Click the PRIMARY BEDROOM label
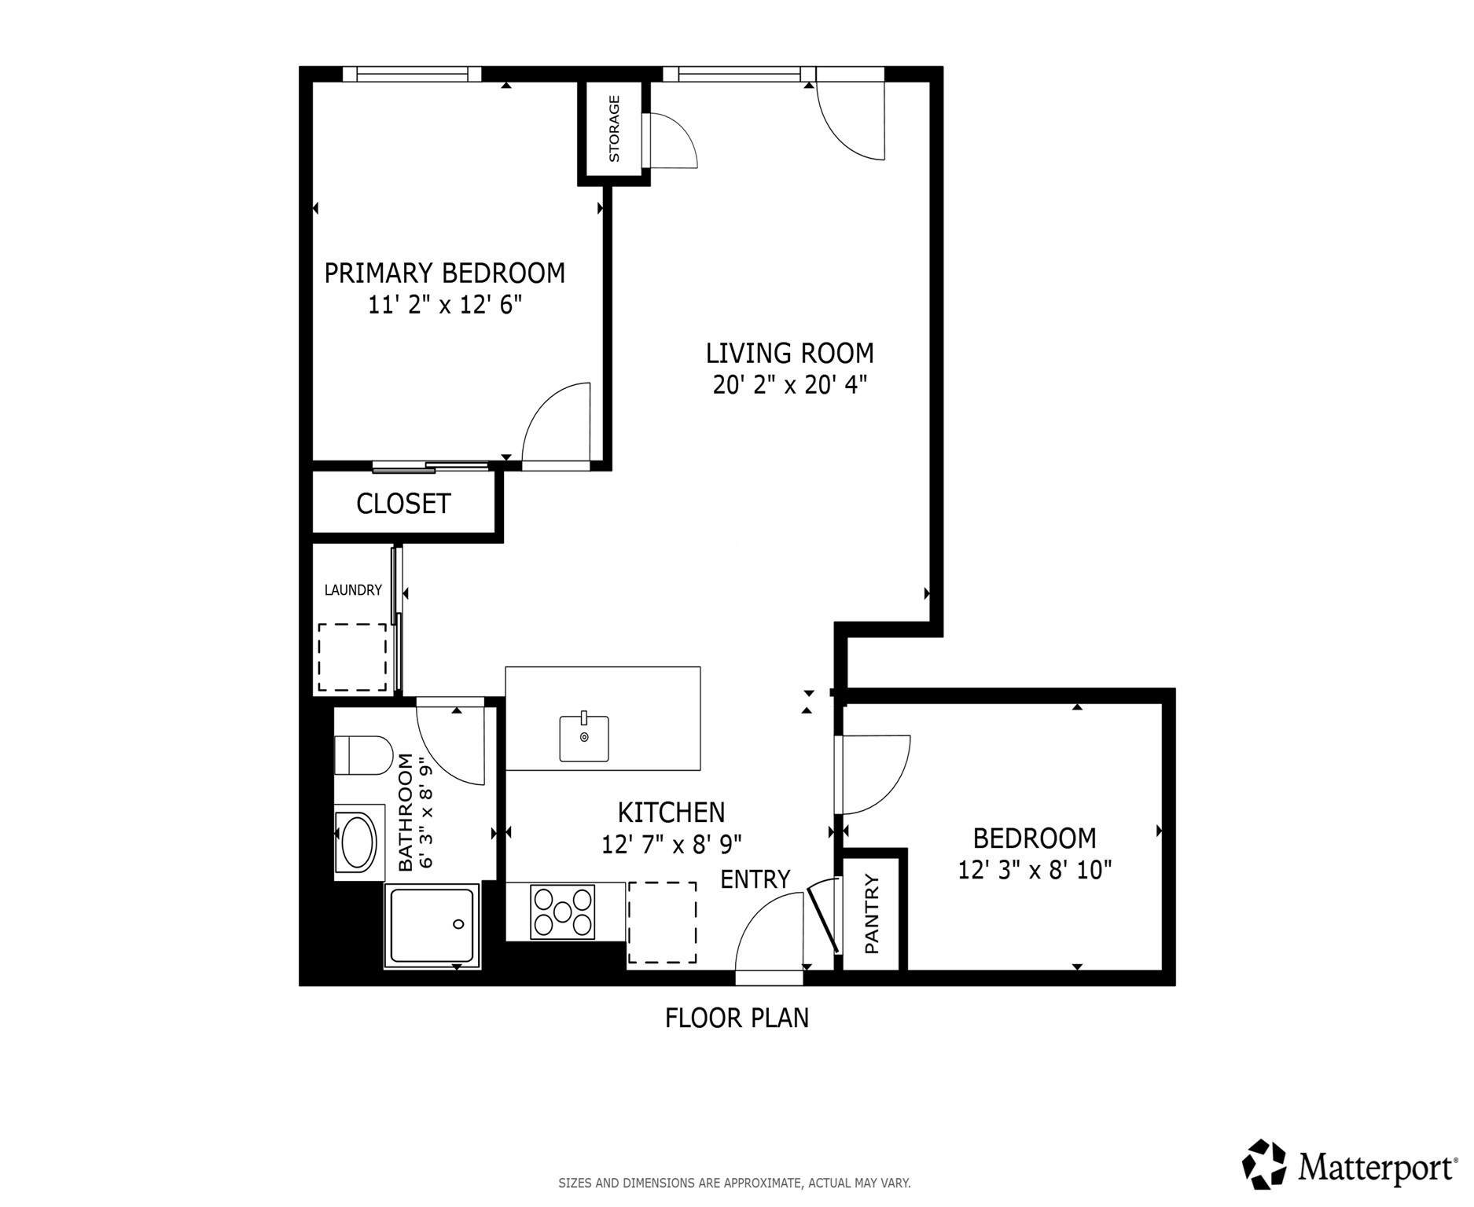pyautogui.click(x=444, y=273)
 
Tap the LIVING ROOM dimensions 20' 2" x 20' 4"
pyautogui.click(x=789, y=385)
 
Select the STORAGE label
pyautogui.click(x=614, y=129)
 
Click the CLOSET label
pyautogui.click(x=403, y=504)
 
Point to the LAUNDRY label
pyautogui.click(x=353, y=590)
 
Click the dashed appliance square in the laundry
pyautogui.click(x=352, y=658)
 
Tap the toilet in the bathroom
pyautogui.click(x=362, y=755)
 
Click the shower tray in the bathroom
pyautogui.click(x=432, y=926)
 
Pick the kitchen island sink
pyautogui.click(x=584, y=738)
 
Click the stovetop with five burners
pyautogui.click(x=562, y=912)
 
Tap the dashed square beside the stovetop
pyautogui.click(x=662, y=923)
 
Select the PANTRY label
pyautogui.click(x=872, y=914)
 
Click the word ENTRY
pyautogui.click(x=755, y=879)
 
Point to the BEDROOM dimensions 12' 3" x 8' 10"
pyautogui.click(x=1035, y=871)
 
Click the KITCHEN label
pyautogui.click(x=671, y=812)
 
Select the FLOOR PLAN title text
pyautogui.click(x=737, y=1018)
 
